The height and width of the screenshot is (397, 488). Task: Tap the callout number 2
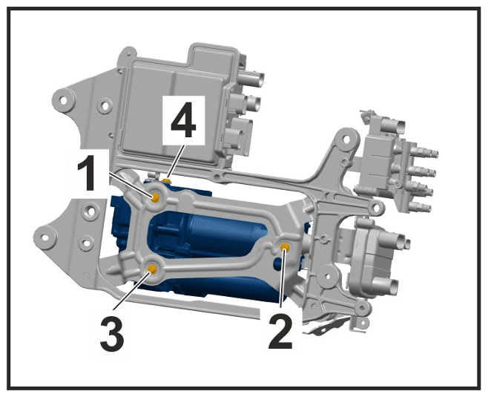(281, 331)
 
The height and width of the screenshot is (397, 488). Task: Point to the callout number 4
(184, 119)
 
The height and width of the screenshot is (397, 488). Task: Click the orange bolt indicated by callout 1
(155, 197)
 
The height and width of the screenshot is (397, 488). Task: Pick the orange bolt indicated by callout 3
(152, 269)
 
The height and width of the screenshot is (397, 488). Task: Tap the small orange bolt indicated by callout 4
(167, 180)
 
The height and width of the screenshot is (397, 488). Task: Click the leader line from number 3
(132, 289)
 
